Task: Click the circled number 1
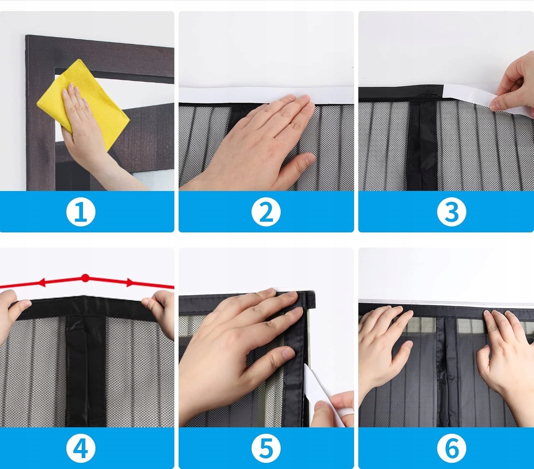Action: (x=81, y=212)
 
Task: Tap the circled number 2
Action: (x=266, y=212)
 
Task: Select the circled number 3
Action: (x=452, y=212)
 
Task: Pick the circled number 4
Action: (x=81, y=448)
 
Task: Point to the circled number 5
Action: (x=266, y=448)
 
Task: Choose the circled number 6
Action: (x=452, y=448)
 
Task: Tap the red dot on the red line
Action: (x=85, y=278)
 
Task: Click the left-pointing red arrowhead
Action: (x=42, y=283)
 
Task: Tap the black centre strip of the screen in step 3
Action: (x=422, y=145)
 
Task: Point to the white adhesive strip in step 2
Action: (x=266, y=95)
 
